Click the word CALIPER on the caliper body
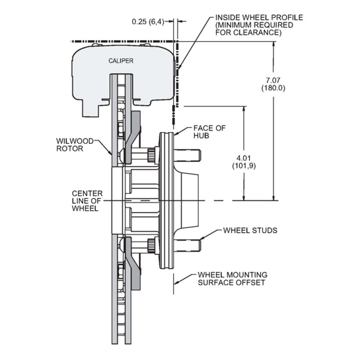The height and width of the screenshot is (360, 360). [121, 61]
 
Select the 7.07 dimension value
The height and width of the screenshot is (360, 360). [273, 80]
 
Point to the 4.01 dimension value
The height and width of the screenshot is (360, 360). [244, 158]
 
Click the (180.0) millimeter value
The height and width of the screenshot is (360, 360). [273, 88]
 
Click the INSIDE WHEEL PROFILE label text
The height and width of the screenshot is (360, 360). [259, 17]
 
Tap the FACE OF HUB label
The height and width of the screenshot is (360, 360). [210, 132]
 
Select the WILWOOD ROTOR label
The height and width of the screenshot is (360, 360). [75, 145]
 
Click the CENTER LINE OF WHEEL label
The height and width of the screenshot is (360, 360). [87, 201]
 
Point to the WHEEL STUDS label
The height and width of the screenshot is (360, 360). [250, 230]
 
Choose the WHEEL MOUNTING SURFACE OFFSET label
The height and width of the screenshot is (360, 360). [233, 279]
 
